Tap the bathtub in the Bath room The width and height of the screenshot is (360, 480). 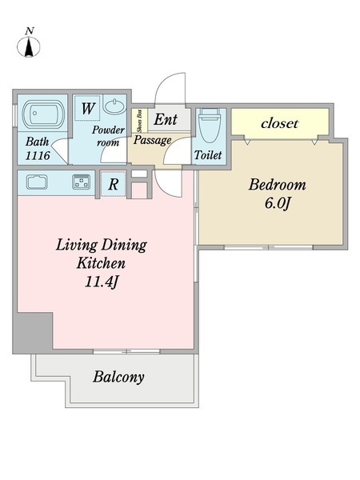tap(43, 114)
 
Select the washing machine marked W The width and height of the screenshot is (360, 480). tap(87, 108)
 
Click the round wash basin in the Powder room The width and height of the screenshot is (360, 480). tap(114, 106)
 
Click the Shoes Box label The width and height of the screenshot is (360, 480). tap(140, 121)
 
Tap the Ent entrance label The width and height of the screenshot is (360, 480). tap(166, 119)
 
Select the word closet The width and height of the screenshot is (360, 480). tap(279, 123)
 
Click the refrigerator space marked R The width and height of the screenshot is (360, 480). tap(114, 184)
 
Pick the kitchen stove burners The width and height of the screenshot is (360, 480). tap(82, 182)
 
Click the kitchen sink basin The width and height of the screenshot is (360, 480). tap(37, 182)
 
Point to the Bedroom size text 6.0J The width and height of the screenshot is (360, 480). tap(277, 203)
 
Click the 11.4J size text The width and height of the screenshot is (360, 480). tap(101, 282)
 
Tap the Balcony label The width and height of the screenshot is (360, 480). tap(118, 377)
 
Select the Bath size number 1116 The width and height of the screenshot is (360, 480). tap(38, 155)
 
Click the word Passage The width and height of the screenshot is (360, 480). tap(152, 140)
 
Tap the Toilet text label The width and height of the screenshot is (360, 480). tap(208, 155)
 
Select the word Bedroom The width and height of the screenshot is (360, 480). tap(277, 185)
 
